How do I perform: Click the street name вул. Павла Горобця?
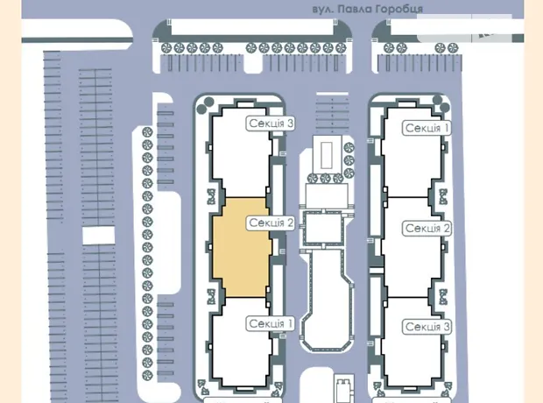pos(368,9)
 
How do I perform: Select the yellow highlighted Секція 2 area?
pos(242,247)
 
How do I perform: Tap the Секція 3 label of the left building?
pos(271,124)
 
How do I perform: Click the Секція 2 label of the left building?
pos(271,223)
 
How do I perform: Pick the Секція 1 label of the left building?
pos(271,323)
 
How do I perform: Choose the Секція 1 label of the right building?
pos(427,128)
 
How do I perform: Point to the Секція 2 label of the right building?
pos(427,229)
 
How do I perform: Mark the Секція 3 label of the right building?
pos(427,327)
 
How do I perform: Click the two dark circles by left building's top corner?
pos(205,106)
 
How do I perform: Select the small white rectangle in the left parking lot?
pos(98,236)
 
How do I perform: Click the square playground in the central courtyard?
pos(323,229)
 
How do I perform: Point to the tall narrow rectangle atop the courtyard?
pos(326,156)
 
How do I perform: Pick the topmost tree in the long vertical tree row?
pos(147,132)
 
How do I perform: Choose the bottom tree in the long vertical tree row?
pos(147,375)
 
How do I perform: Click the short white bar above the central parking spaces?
pos(332,94)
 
